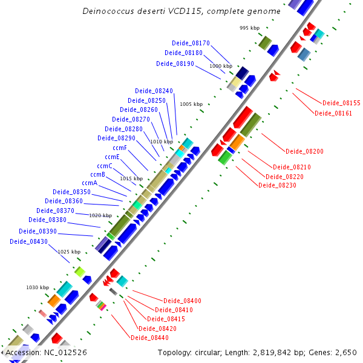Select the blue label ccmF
[120, 148]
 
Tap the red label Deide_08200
[304, 151]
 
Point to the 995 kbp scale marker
[249, 28]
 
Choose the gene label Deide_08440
[149, 338]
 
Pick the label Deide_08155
[341, 103]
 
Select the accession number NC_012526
[64, 352]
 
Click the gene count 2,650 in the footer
[347, 352]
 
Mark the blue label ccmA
[90, 183]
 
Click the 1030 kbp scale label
[37, 287]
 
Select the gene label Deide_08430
[28, 241]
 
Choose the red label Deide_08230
[277, 185]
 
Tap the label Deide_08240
[154, 91]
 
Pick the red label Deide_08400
[183, 301]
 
